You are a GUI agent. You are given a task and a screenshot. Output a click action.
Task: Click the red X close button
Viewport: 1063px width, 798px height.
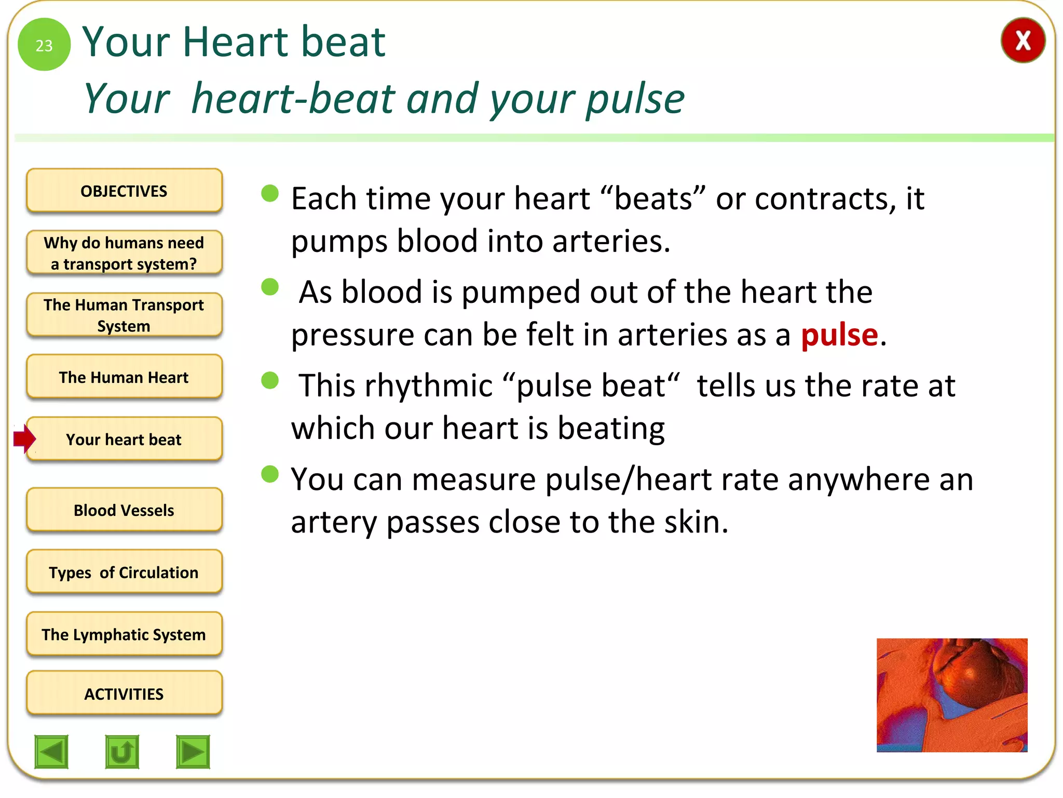[1022, 41]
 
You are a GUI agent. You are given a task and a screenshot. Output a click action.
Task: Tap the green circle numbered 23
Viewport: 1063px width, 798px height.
[44, 45]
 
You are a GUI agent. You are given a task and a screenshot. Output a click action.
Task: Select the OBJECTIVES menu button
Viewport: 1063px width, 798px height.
[124, 191]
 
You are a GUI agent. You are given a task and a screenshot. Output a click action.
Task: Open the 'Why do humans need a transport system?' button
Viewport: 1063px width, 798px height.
[124, 253]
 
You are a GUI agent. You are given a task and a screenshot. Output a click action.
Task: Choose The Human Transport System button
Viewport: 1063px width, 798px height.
[124, 315]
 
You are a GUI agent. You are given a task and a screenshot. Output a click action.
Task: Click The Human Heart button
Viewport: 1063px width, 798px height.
[124, 377]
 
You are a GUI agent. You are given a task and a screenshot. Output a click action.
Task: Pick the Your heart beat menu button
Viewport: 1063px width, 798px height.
[124, 440]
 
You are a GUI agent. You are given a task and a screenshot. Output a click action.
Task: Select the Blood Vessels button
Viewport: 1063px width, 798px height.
[124, 510]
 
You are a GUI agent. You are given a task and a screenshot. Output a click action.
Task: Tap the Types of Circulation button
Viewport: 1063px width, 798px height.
[124, 572]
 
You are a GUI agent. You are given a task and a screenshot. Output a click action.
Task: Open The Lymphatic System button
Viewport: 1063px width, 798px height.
[124, 634]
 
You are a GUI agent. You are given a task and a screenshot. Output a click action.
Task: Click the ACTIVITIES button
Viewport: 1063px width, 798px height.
[124, 694]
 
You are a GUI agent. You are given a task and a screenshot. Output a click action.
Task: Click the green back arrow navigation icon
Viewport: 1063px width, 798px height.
[51, 751]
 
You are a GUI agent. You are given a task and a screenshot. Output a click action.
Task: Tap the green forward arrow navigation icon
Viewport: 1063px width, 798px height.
[193, 751]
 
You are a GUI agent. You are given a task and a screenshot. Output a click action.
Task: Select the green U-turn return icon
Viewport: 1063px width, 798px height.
[122, 751]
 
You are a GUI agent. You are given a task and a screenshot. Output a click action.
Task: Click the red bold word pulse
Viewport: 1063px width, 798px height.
[839, 335]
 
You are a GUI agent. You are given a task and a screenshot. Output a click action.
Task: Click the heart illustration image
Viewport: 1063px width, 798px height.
[951, 695]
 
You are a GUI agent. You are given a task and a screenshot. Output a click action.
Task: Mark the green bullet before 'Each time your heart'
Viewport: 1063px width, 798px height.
[270, 193]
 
